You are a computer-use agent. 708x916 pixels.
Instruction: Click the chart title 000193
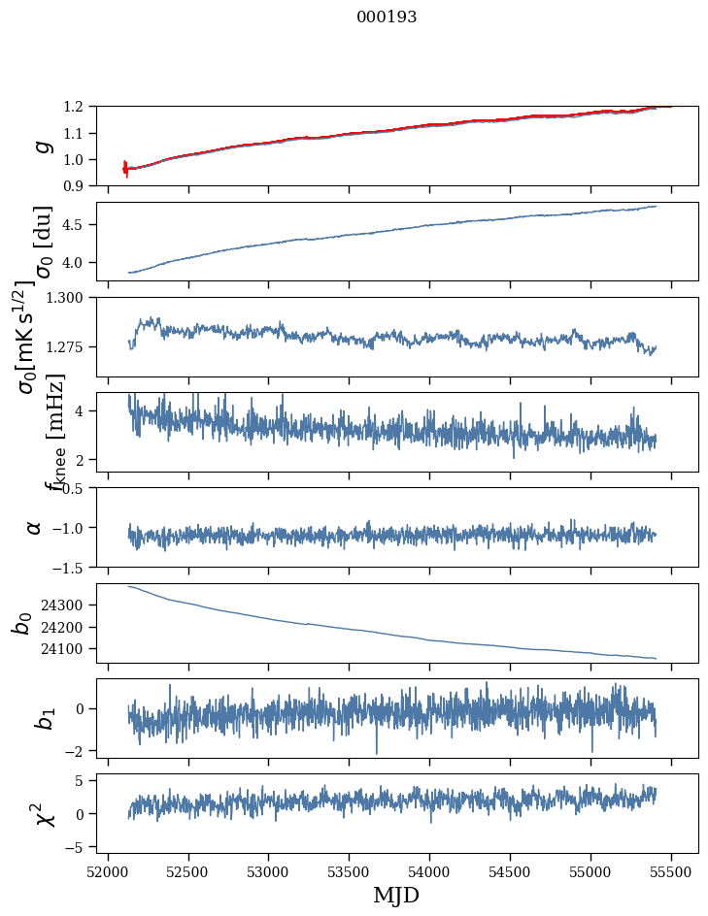coord(387,17)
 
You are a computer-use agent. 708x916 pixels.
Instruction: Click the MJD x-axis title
coord(396,896)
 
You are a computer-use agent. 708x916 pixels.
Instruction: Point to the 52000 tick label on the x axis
coord(108,870)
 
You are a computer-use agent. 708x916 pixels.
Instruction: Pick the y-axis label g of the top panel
coord(42,146)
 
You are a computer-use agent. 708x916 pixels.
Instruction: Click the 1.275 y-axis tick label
coord(71,346)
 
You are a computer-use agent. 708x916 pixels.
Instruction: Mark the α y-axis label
coord(35,527)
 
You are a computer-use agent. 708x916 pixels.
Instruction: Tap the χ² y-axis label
coord(42,813)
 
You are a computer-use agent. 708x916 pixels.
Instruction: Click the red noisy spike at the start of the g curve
coord(125,168)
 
